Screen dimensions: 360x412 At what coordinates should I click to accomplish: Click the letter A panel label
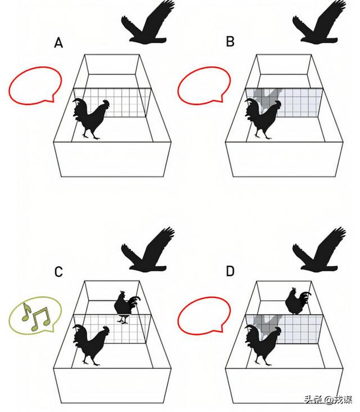tap(58, 43)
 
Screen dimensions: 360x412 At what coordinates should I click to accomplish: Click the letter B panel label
tap(230, 42)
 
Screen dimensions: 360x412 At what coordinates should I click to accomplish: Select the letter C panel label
tap(58, 271)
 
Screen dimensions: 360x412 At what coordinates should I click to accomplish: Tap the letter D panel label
tap(230, 271)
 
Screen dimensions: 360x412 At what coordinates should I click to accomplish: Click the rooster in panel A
tap(91, 119)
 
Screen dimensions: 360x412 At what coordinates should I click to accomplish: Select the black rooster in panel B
tap(263, 119)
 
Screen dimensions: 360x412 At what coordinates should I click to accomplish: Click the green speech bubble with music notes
tap(35, 316)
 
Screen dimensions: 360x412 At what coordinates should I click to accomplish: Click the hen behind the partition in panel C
tap(126, 306)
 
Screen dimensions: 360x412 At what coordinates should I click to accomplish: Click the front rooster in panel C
tap(91, 345)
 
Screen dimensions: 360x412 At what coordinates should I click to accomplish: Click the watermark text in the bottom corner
tap(328, 400)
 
